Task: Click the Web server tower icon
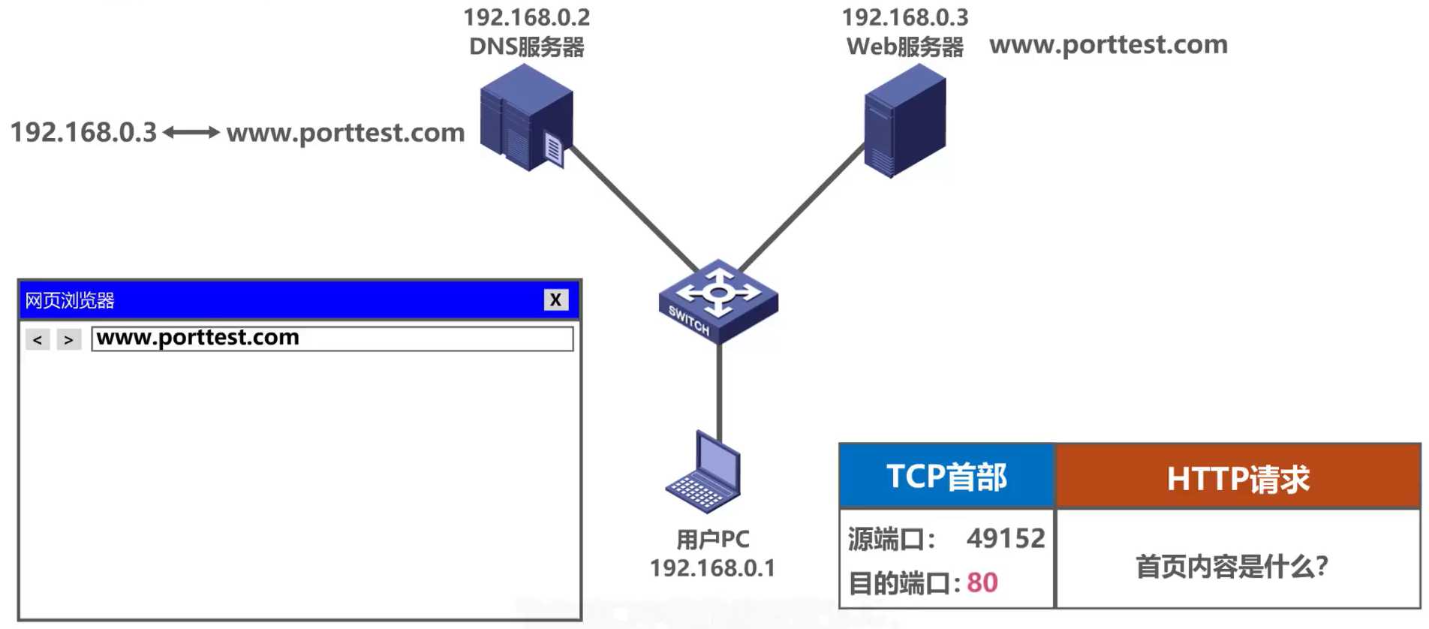(x=904, y=120)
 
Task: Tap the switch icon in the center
(x=718, y=301)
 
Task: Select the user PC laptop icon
(x=705, y=473)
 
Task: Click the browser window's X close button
(x=555, y=300)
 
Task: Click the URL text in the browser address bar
(x=198, y=338)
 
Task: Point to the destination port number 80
(x=982, y=582)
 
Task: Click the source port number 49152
(x=1005, y=538)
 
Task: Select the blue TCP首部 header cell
(x=946, y=477)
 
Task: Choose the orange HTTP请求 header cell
(x=1238, y=478)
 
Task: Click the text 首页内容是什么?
(x=1232, y=566)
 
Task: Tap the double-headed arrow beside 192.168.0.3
(x=191, y=133)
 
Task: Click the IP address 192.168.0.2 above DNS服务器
(x=526, y=17)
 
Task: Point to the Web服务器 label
(x=904, y=47)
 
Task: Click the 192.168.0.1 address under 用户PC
(x=712, y=568)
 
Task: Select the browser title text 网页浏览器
(x=70, y=301)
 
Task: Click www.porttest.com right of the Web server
(x=1108, y=45)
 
